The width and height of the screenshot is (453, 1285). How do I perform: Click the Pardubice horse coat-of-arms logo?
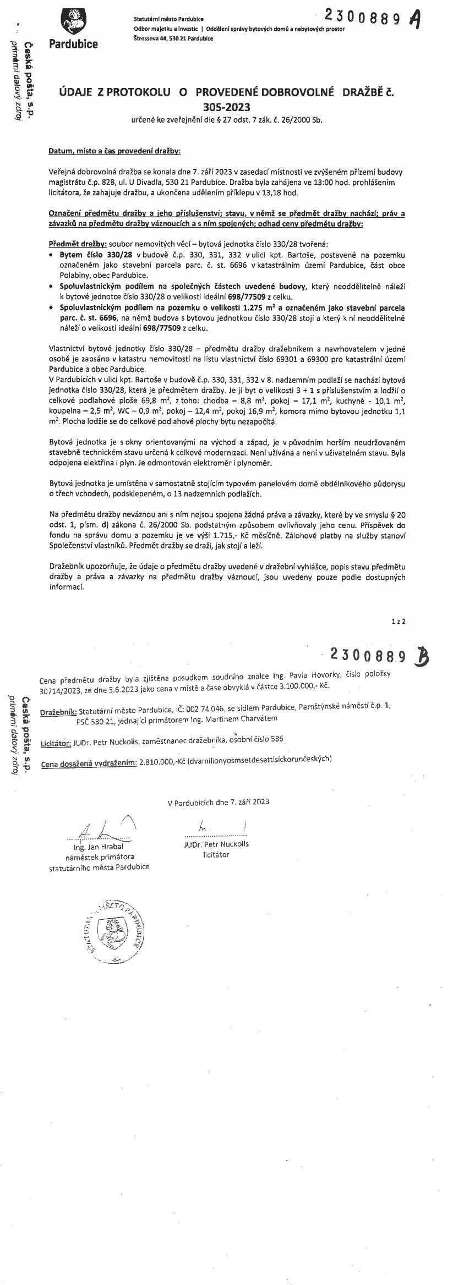click(73, 22)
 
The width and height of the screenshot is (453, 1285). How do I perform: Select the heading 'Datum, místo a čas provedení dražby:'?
click(114, 150)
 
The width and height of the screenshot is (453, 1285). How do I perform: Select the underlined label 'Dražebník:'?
click(59, 713)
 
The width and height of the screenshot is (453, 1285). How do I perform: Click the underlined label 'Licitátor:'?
click(56, 743)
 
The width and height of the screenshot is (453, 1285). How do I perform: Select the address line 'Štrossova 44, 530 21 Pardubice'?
click(174, 39)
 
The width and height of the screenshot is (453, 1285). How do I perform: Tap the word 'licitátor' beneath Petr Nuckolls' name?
click(216, 854)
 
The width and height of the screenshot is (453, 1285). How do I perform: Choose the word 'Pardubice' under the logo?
click(73, 44)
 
